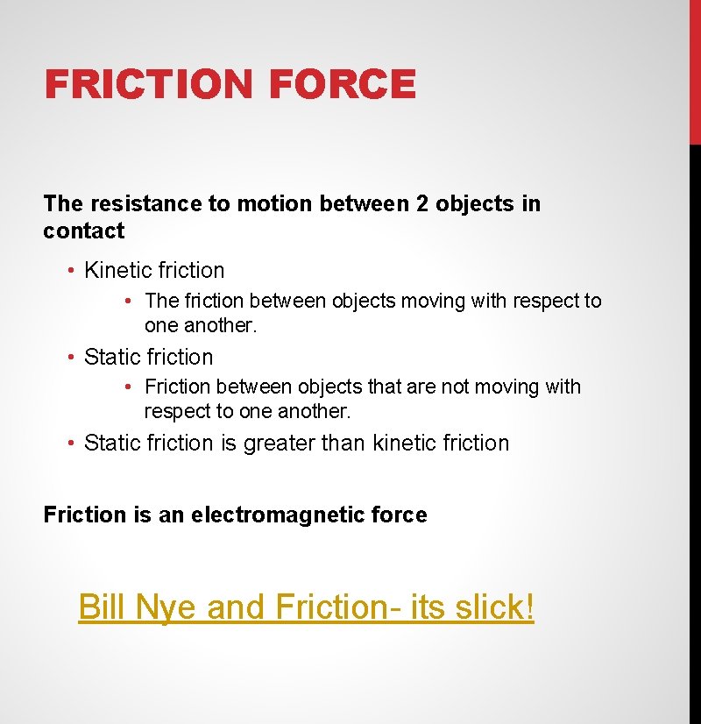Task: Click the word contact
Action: click(84, 231)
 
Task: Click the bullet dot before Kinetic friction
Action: click(72, 271)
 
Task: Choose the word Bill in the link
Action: click(101, 607)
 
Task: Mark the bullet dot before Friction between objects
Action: click(129, 387)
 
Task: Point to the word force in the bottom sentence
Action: click(400, 515)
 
